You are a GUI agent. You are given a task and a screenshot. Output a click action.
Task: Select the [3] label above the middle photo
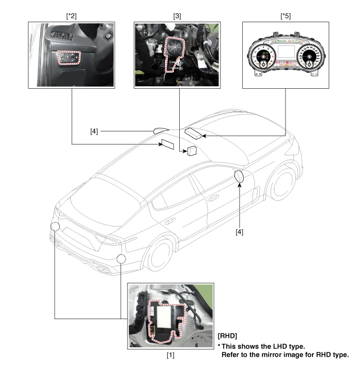pyautogui.click(x=178, y=15)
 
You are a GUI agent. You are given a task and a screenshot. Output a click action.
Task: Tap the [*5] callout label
pyautogui.click(x=285, y=15)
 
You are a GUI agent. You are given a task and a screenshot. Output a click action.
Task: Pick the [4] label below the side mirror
pyautogui.click(x=239, y=232)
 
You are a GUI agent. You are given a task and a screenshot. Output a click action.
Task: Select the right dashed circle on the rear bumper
pyautogui.click(x=121, y=259)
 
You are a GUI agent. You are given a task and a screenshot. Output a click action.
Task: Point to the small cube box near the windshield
pyautogui.click(x=192, y=151)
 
